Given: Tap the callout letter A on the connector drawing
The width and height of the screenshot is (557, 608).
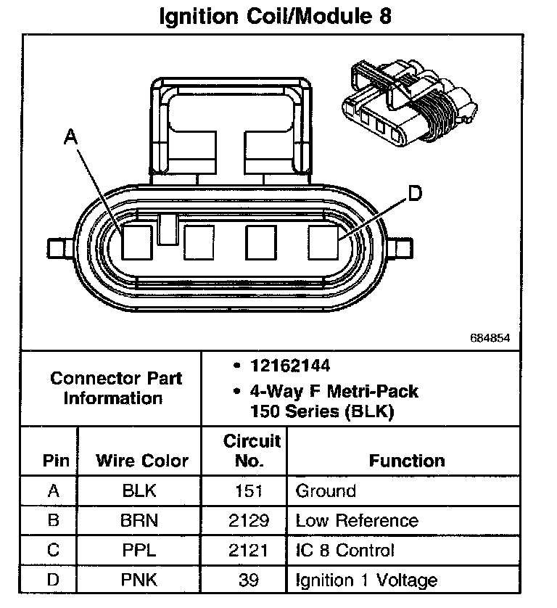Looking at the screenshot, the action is point(70,136).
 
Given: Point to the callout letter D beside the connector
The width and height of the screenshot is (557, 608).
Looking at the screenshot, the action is point(413,194).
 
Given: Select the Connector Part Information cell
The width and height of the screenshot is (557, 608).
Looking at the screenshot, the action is point(116,388).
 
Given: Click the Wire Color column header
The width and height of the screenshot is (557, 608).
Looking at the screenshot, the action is point(141,461).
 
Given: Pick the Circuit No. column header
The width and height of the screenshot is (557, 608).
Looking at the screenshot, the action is point(252,450).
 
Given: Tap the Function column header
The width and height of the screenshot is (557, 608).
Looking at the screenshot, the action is point(406,461).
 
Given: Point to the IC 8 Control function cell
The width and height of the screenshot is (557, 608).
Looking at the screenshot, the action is point(344,550).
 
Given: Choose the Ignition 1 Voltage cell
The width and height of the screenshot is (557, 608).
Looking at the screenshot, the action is point(366,580).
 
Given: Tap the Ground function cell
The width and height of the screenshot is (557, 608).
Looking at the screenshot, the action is point(326,491).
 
